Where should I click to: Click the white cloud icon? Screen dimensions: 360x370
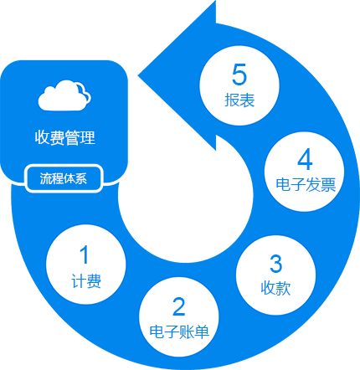pyautogui.click(x=64, y=95)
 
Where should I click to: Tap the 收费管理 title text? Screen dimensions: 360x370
pyautogui.click(x=65, y=137)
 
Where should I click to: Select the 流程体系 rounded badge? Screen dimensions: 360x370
pyautogui.click(x=64, y=178)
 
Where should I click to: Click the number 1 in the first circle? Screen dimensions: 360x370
pyautogui.click(x=84, y=254)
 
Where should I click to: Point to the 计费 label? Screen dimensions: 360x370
pyautogui.click(x=86, y=281)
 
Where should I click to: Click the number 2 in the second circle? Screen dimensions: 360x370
pyautogui.click(x=179, y=306)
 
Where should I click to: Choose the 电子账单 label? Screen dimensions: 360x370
pyautogui.click(x=179, y=331)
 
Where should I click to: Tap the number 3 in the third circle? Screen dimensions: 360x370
pyautogui.click(x=276, y=264)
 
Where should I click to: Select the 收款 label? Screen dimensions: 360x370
pyautogui.click(x=275, y=288)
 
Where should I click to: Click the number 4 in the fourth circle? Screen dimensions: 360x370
pyautogui.click(x=305, y=159)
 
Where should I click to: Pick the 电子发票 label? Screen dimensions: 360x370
pyautogui.click(x=306, y=185)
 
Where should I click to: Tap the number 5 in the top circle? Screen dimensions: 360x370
pyautogui.click(x=239, y=75)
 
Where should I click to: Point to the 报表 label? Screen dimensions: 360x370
pyautogui.click(x=239, y=100)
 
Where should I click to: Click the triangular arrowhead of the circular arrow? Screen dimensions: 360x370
pyautogui.click(x=177, y=75)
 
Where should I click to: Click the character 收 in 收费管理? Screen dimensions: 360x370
pyautogui.click(x=43, y=137)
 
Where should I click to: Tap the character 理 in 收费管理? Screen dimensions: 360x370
pyautogui.click(x=88, y=137)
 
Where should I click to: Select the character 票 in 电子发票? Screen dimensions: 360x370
pyautogui.click(x=328, y=185)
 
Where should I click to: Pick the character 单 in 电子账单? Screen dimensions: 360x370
pyautogui.click(x=202, y=331)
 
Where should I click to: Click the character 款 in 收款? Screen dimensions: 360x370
pyautogui.click(x=283, y=288)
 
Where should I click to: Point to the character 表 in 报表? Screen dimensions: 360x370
pyautogui.click(x=247, y=100)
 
